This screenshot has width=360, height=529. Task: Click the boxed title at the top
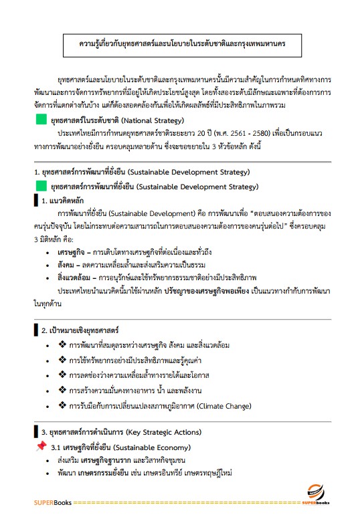pyautogui.click(x=181, y=44)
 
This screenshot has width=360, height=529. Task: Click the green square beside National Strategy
pyautogui.click(x=41, y=121)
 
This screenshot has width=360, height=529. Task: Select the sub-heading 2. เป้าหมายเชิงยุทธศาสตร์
pyautogui.click(x=80, y=330)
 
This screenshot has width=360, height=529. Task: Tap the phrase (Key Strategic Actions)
pyautogui.click(x=159, y=432)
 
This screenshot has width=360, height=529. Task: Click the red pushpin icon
pyautogui.click(x=40, y=445)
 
